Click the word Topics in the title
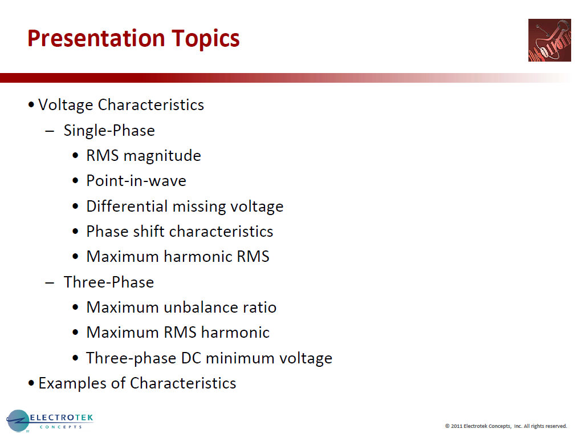click(x=202, y=39)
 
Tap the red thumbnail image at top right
click(x=549, y=40)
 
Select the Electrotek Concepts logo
click(x=50, y=421)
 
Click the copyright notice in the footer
click(x=506, y=426)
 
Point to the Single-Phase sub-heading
click(x=109, y=131)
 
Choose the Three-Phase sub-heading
click(x=108, y=282)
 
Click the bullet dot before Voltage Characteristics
click(x=31, y=106)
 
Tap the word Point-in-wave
click(x=136, y=181)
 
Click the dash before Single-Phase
click(x=50, y=131)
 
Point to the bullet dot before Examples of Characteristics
click(x=31, y=383)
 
